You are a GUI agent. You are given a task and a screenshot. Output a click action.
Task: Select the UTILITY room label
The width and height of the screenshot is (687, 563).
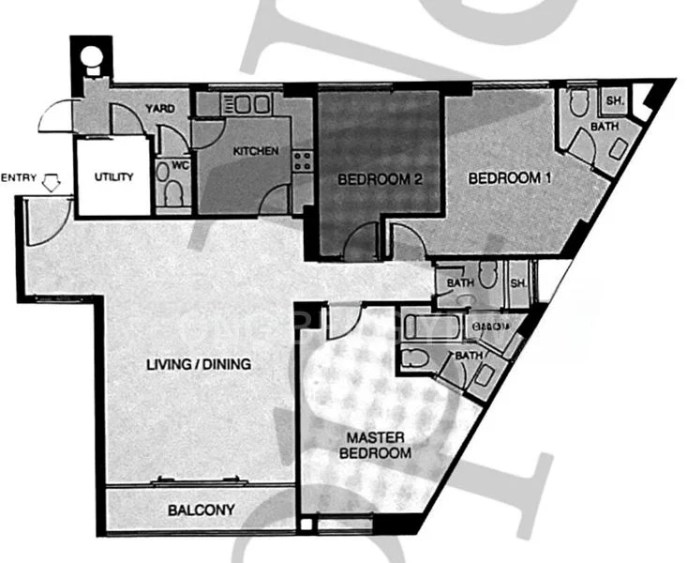113,176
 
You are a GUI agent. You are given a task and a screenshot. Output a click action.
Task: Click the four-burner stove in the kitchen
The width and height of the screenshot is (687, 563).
302,160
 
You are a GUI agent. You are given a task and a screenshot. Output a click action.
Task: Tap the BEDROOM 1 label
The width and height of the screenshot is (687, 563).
504,177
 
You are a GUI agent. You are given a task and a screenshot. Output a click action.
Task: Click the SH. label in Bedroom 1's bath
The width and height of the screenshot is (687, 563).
616,100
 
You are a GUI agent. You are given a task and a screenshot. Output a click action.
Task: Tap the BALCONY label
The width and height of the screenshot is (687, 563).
201,510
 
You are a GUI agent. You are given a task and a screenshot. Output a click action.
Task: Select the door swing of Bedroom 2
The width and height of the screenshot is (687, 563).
361,246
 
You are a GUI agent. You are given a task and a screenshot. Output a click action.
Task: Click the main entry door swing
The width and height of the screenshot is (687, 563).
42,222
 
